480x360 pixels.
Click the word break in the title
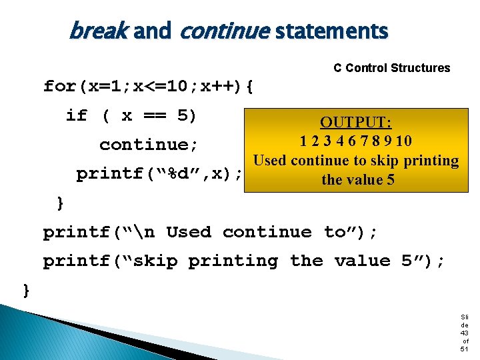99,31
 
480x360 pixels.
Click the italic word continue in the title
225,31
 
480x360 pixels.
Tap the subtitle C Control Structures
391,68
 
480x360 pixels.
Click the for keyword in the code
60,86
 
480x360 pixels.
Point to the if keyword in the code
77,115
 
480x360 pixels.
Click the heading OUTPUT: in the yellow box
356,123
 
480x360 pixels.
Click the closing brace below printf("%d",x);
61,203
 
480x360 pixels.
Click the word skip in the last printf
154,261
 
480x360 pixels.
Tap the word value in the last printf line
361,261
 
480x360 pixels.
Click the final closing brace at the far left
26,290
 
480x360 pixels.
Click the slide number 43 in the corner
464,333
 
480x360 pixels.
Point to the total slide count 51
464,349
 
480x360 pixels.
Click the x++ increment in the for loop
209,86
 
